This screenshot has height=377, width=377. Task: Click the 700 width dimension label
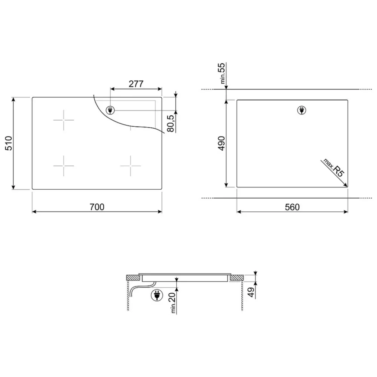(97, 207)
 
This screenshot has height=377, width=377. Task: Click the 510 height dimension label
(9, 143)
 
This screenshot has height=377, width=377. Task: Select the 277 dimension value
(136, 84)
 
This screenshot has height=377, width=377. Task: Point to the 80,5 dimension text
(170, 123)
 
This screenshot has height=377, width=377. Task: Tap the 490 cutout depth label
(221, 143)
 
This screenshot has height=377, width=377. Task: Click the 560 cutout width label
(292, 207)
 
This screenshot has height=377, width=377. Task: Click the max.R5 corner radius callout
(334, 168)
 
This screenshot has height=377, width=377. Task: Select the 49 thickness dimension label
(251, 292)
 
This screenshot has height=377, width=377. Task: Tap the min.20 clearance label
(173, 303)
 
